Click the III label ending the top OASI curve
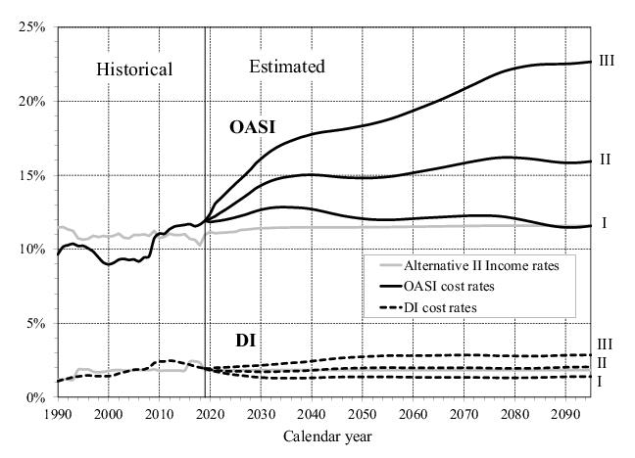[607, 61]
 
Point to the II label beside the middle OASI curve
[605, 160]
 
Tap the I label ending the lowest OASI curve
[604, 224]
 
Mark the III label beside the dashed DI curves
[607, 344]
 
